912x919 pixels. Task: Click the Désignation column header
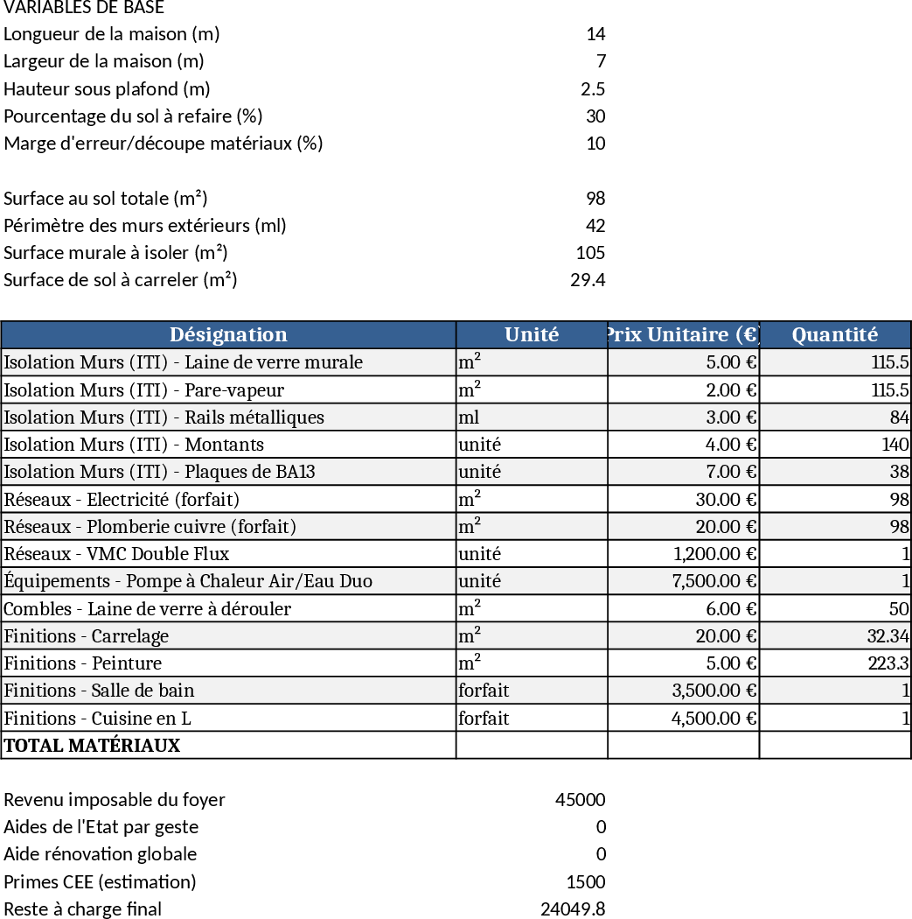(228, 334)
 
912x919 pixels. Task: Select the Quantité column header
(834, 334)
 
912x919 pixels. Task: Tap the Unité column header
(532, 334)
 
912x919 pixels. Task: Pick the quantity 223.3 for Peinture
(888, 663)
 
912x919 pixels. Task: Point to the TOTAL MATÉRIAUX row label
(92, 746)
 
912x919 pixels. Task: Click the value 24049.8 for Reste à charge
(573, 908)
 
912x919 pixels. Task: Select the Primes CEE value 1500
(586, 881)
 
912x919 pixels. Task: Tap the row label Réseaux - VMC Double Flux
(116, 554)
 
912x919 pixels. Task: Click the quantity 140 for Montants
(895, 445)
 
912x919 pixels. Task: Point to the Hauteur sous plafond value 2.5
(593, 88)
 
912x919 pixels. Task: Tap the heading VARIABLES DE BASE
(83, 8)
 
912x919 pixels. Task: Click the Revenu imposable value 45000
(580, 799)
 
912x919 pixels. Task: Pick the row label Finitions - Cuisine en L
(97, 719)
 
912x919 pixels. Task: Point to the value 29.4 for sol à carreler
(588, 280)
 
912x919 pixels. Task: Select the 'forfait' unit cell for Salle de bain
(484, 691)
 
